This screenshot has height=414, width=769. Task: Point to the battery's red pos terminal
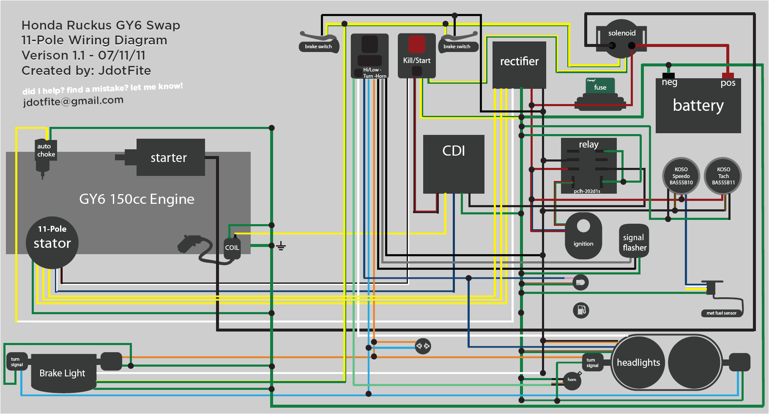[728, 76]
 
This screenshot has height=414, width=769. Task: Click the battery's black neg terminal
[668, 75]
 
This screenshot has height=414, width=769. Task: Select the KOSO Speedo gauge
[681, 176]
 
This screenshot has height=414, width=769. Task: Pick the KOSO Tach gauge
[723, 176]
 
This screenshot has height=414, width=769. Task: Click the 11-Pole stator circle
[52, 243]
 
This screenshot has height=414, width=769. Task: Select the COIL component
[232, 248]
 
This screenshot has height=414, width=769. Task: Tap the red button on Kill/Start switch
[416, 44]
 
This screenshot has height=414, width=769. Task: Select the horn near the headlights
[572, 380]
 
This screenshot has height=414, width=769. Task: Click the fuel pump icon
[581, 310]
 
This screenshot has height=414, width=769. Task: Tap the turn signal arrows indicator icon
[423, 346]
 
